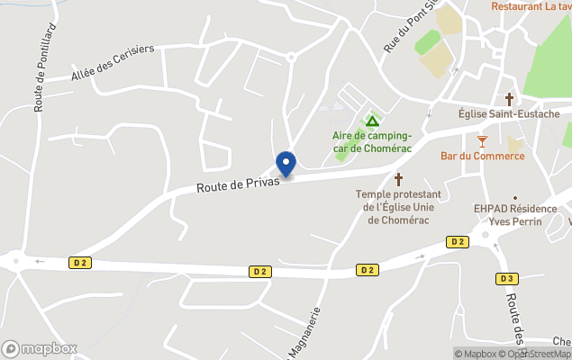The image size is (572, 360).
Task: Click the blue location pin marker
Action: (286, 164)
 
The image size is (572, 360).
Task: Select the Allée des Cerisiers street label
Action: (113, 63)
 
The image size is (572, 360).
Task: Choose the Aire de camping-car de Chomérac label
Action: (371, 141)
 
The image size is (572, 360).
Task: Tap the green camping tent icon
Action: (371, 121)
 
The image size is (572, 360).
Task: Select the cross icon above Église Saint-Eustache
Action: (509, 98)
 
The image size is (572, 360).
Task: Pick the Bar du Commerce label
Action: (482, 156)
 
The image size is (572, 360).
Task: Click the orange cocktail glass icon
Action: (482, 140)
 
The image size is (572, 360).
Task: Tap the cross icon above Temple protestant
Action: (398, 179)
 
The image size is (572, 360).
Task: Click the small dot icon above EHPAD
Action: (515, 197)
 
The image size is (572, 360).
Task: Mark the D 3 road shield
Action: (506, 278)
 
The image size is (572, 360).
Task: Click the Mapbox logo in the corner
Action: (40, 348)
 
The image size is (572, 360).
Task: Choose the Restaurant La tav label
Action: (531, 6)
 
